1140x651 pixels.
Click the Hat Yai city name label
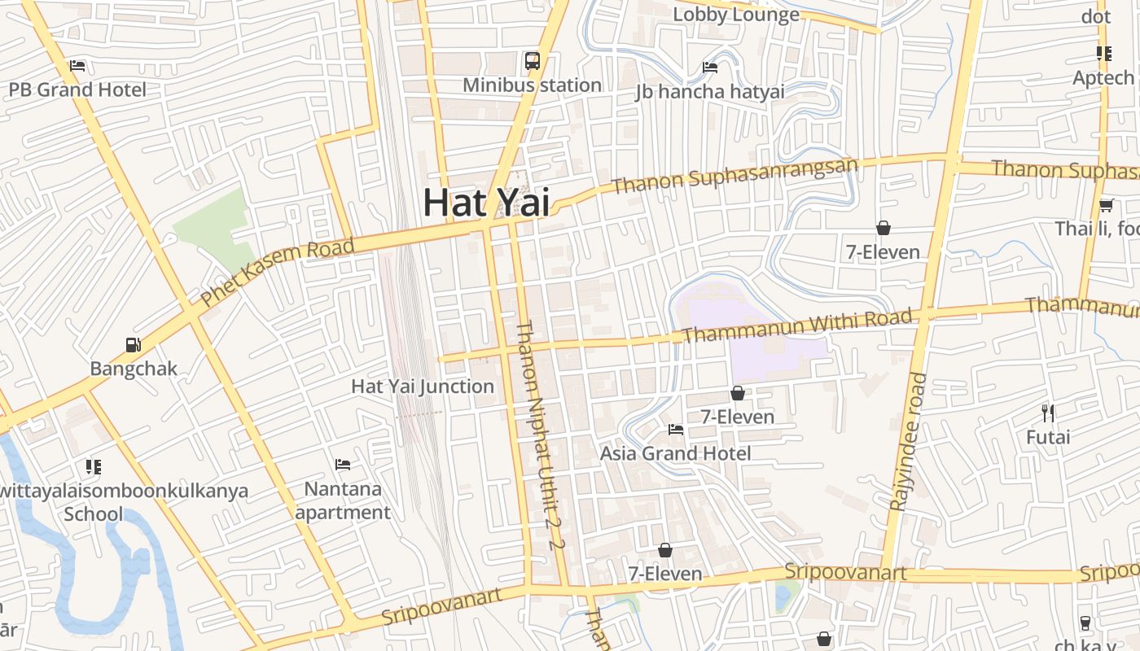(486, 203)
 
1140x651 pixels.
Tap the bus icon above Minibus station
(533, 61)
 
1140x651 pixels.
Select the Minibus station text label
(533, 85)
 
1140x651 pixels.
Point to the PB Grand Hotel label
(77, 90)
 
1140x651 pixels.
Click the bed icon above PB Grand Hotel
(77, 66)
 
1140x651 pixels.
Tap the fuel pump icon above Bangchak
(133, 345)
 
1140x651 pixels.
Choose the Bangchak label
(133, 369)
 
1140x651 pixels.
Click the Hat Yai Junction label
(423, 387)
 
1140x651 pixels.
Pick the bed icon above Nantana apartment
(343, 465)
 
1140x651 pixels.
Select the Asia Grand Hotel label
(675, 453)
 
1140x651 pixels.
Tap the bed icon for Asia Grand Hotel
(675, 430)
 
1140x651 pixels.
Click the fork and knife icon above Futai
(1048, 413)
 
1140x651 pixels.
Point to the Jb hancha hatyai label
(710, 91)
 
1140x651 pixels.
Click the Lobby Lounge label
(736, 15)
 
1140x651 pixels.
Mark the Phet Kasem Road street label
(278, 272)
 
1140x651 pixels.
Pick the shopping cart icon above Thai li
(1106, 205)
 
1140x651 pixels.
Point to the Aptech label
(1103, 78)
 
